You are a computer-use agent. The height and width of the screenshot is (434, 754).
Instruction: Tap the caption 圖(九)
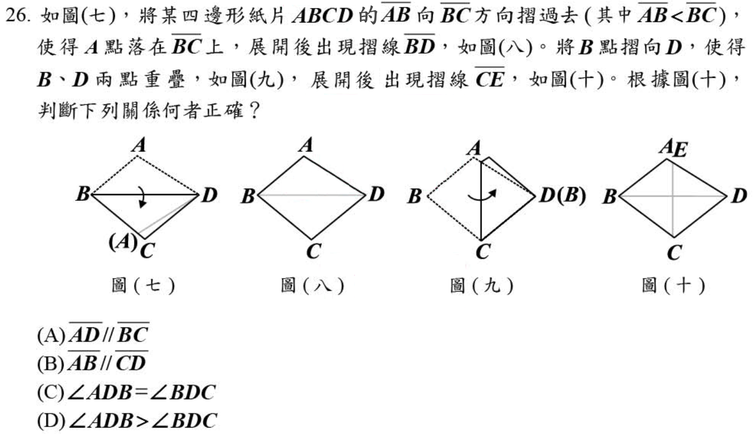pyautogui.click(x=482, y=286)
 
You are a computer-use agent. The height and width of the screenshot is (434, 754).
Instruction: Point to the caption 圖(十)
pyautogui.click(x=674, y=286)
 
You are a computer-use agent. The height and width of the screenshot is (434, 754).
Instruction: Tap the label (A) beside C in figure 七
pyautogui.click(x=120, y=242)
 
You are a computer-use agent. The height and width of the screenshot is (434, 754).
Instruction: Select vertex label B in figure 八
pyautogui.click(x=247, y=197)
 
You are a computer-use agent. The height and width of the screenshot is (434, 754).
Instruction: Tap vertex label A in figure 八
pyautogui.click(x=306, y=145)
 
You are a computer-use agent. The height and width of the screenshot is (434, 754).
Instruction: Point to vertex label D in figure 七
pyautogui.click(x=209, y=196)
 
